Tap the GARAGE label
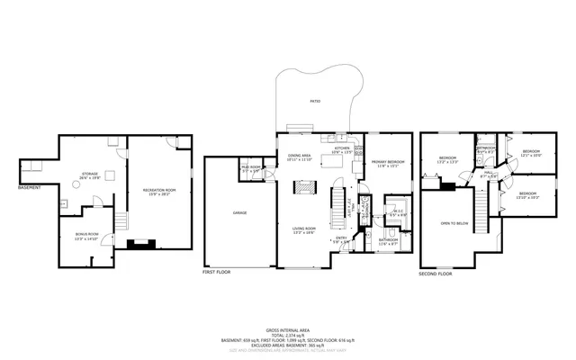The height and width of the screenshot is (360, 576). (241, 213)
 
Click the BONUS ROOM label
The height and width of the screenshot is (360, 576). (85, 237)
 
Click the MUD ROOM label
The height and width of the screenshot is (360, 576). (250, 167)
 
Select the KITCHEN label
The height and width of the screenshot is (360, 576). (342, 149)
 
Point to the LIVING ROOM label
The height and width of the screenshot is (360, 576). (303, 229)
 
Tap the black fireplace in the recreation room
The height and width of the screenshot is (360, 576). (139, 242)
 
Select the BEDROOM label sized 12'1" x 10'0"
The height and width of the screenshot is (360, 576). (530, 152)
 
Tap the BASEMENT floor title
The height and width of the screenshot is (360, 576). (30, 187)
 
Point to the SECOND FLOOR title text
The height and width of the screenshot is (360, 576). (436, 273)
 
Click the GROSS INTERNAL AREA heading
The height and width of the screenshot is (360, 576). (288, 331)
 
